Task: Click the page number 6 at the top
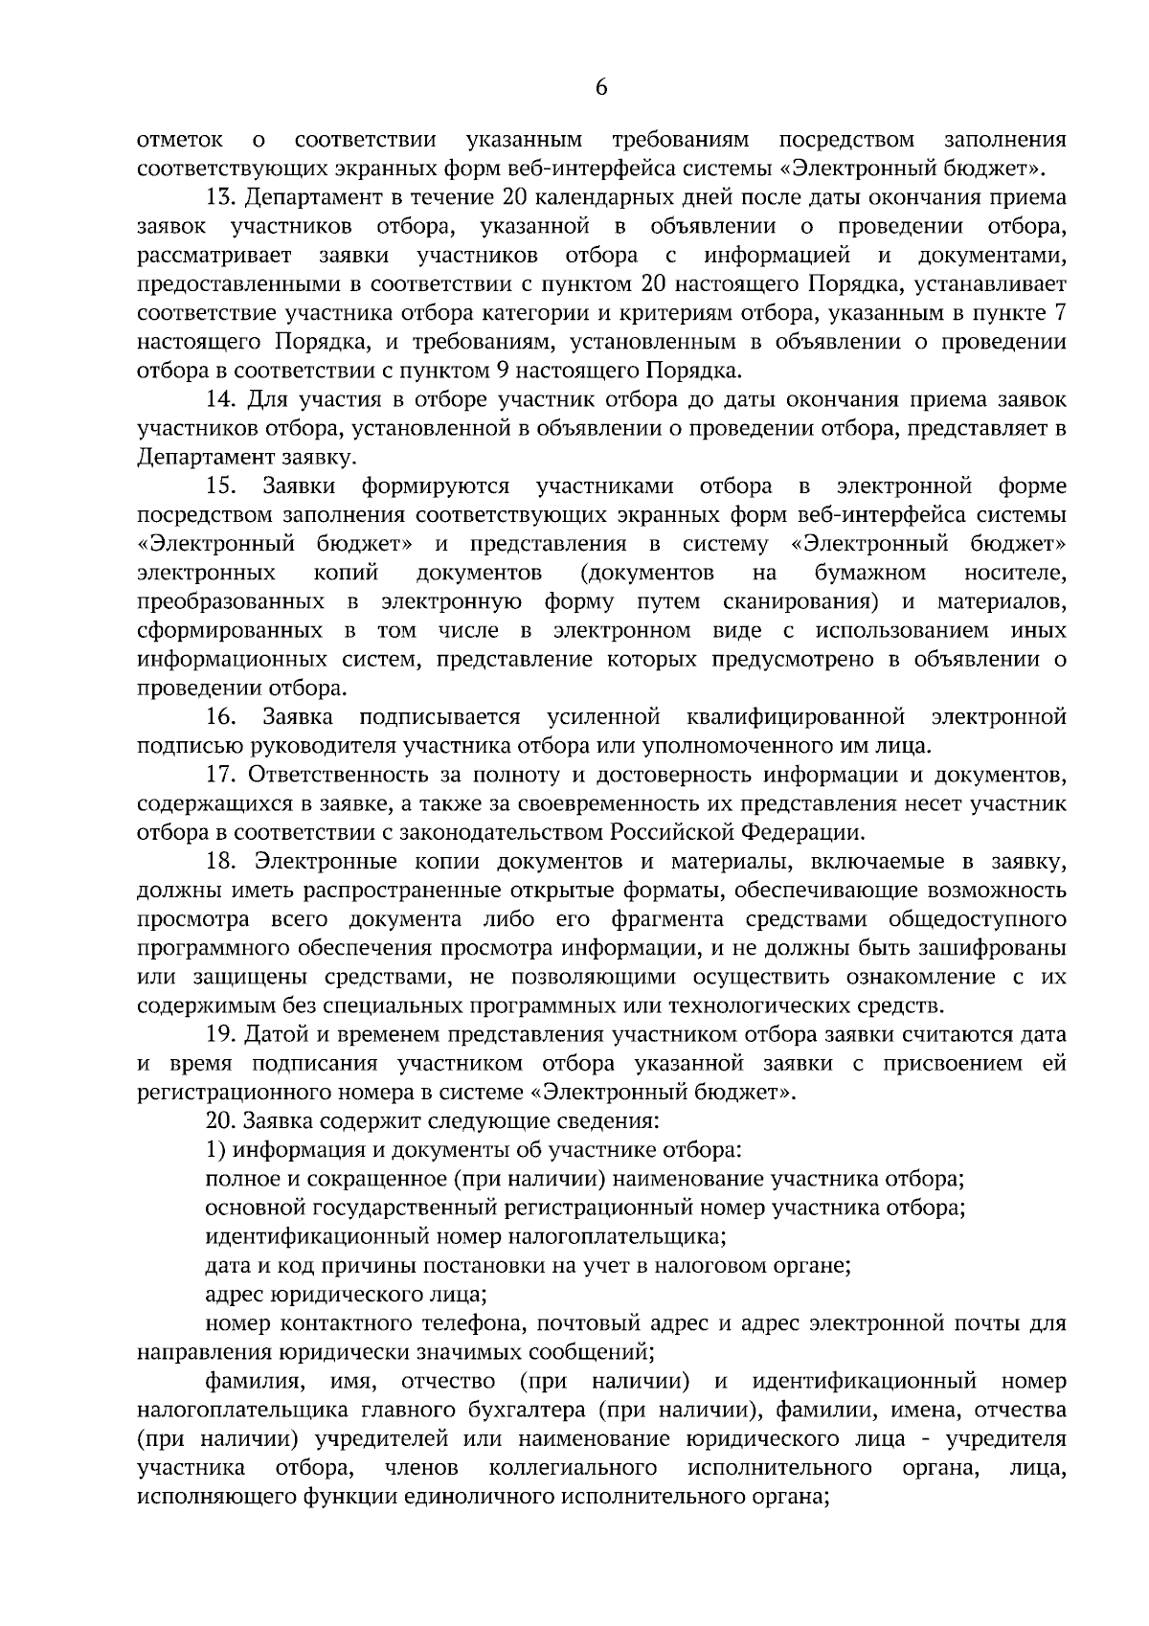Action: click(600, 87)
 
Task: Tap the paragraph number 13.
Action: click(220, 198)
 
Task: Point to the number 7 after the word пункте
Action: click(1059, 313)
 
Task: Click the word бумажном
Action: click(869, 573)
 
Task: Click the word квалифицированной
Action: click(796, 716)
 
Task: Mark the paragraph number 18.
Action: click(220, 862)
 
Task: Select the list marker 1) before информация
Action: click(215, 1150)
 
